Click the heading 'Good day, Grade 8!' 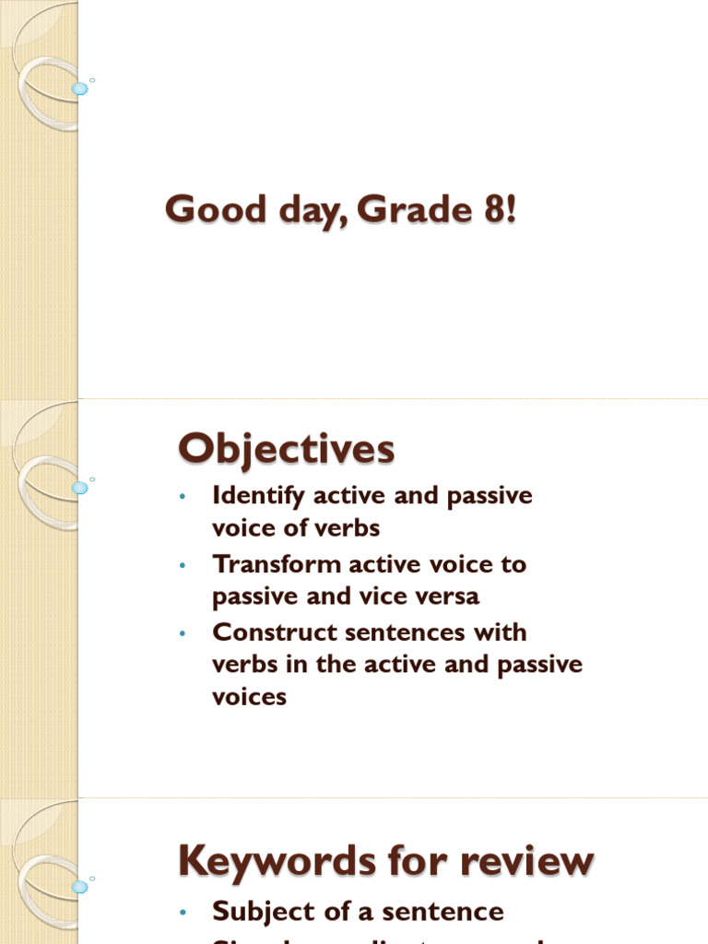[x=340, y=210]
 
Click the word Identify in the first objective [x=259, y=496]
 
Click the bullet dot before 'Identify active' [x=183, y=497]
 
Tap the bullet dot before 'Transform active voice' [x=183, y=565]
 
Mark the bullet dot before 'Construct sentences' [x=183, y=633]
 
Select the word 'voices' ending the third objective [x=250, y=698]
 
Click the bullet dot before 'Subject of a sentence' [x=183, y=913]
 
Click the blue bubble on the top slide [x=80, y=88]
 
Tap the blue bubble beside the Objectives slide [x=80, y=487]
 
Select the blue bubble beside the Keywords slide [x=80, y=887]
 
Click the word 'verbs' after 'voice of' [x=347, y=529]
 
